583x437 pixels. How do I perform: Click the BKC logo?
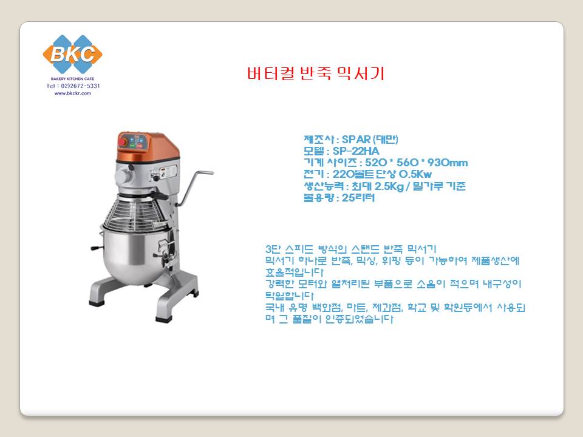tap(72, 54)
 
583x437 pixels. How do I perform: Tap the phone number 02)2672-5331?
tap(80, 86)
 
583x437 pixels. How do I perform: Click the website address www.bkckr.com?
tap(72, 93)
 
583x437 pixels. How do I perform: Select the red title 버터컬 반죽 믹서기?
tap(316, 73)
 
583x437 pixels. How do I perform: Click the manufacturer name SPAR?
tap(356, 140)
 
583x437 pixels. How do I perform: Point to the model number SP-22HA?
tap(356, 151)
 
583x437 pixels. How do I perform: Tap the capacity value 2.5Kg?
tap(389, 186)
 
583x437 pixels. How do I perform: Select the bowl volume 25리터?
tap(358, 198)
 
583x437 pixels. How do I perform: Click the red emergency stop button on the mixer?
tap(122, 141)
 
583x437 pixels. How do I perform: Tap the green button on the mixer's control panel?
tap(133, 146)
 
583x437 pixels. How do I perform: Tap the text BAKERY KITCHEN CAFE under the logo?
tap(72, 79)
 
